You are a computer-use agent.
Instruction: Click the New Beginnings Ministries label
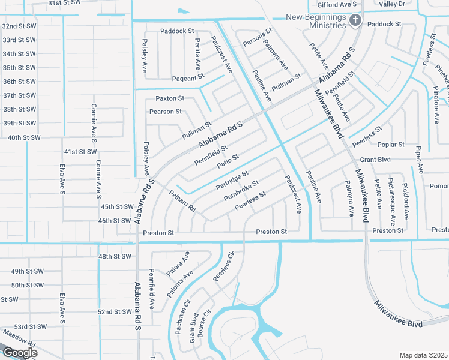tap(316, 22)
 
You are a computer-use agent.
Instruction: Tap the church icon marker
tap(355, 22)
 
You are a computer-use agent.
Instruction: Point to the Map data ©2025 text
tap(423, 355)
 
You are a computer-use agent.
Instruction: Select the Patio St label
tap(228, 160)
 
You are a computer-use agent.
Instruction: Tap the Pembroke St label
tap(241, 191)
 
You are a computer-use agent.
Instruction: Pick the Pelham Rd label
tap(182, 200)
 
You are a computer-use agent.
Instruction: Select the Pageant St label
tap(188, 78)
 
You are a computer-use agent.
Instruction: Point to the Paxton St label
tap(170, 98)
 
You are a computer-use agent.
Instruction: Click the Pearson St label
tap(166, 112)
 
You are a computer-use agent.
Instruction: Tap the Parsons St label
tap(257, 37)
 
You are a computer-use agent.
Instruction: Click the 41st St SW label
tap(80, 152)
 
